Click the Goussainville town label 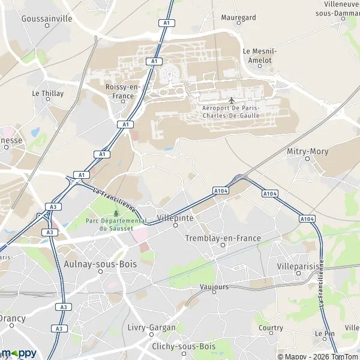point(46,19)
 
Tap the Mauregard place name point(238,18)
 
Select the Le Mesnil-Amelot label point(257,56)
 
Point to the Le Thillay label point(47,94)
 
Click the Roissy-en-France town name point(122,91)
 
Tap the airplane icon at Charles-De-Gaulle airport point(232,99)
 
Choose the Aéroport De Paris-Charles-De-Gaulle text point(232,111)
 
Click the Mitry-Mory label point(308,152)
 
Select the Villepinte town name point(175,218)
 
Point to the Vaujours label point(214,287)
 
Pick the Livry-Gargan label point(152,328)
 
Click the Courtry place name point(271,328)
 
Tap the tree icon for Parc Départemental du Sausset point(116,212)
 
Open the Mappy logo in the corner point(19,353)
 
